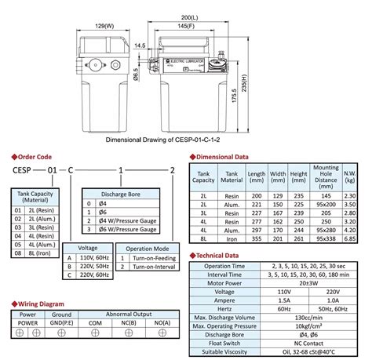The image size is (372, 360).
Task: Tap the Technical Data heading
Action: pyautogui.click(x=223, y=256)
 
